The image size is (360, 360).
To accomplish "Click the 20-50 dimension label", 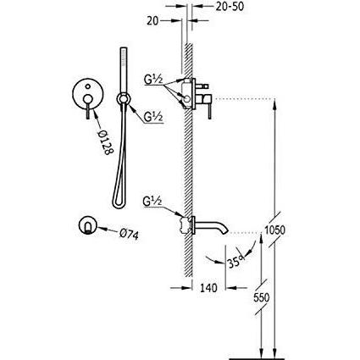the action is [x=230, y=6].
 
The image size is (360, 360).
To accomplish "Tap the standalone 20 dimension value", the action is [x=152, y=21].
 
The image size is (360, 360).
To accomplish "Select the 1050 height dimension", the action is [x=275, y=230].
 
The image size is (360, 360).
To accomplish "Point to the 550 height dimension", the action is [x=261, y=297].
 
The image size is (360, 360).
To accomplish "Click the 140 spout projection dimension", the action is [x=209, y=288].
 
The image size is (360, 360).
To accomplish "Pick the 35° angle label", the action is [x=235, y=262].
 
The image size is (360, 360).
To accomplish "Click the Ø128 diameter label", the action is [x=105, y=141].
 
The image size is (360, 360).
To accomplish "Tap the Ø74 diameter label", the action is [x=129, y=234].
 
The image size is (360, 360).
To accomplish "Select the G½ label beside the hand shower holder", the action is [x=153, y=117].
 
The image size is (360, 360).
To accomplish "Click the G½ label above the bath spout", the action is [x=152, y=202].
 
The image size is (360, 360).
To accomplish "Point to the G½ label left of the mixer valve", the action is [x=153, y=80].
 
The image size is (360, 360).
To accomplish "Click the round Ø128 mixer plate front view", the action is [x=88, y=93].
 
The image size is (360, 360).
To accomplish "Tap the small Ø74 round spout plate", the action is [x=88, y=225].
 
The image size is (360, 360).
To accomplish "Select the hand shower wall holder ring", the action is [x=124, y=99].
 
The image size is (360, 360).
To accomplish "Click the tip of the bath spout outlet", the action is [x=225, y=232].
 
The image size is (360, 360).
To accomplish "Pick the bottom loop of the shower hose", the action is [x=119, y=204].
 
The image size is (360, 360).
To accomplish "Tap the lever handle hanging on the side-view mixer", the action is [x=210, y=112].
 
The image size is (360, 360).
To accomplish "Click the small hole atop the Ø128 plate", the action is [x=88, y=86].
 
